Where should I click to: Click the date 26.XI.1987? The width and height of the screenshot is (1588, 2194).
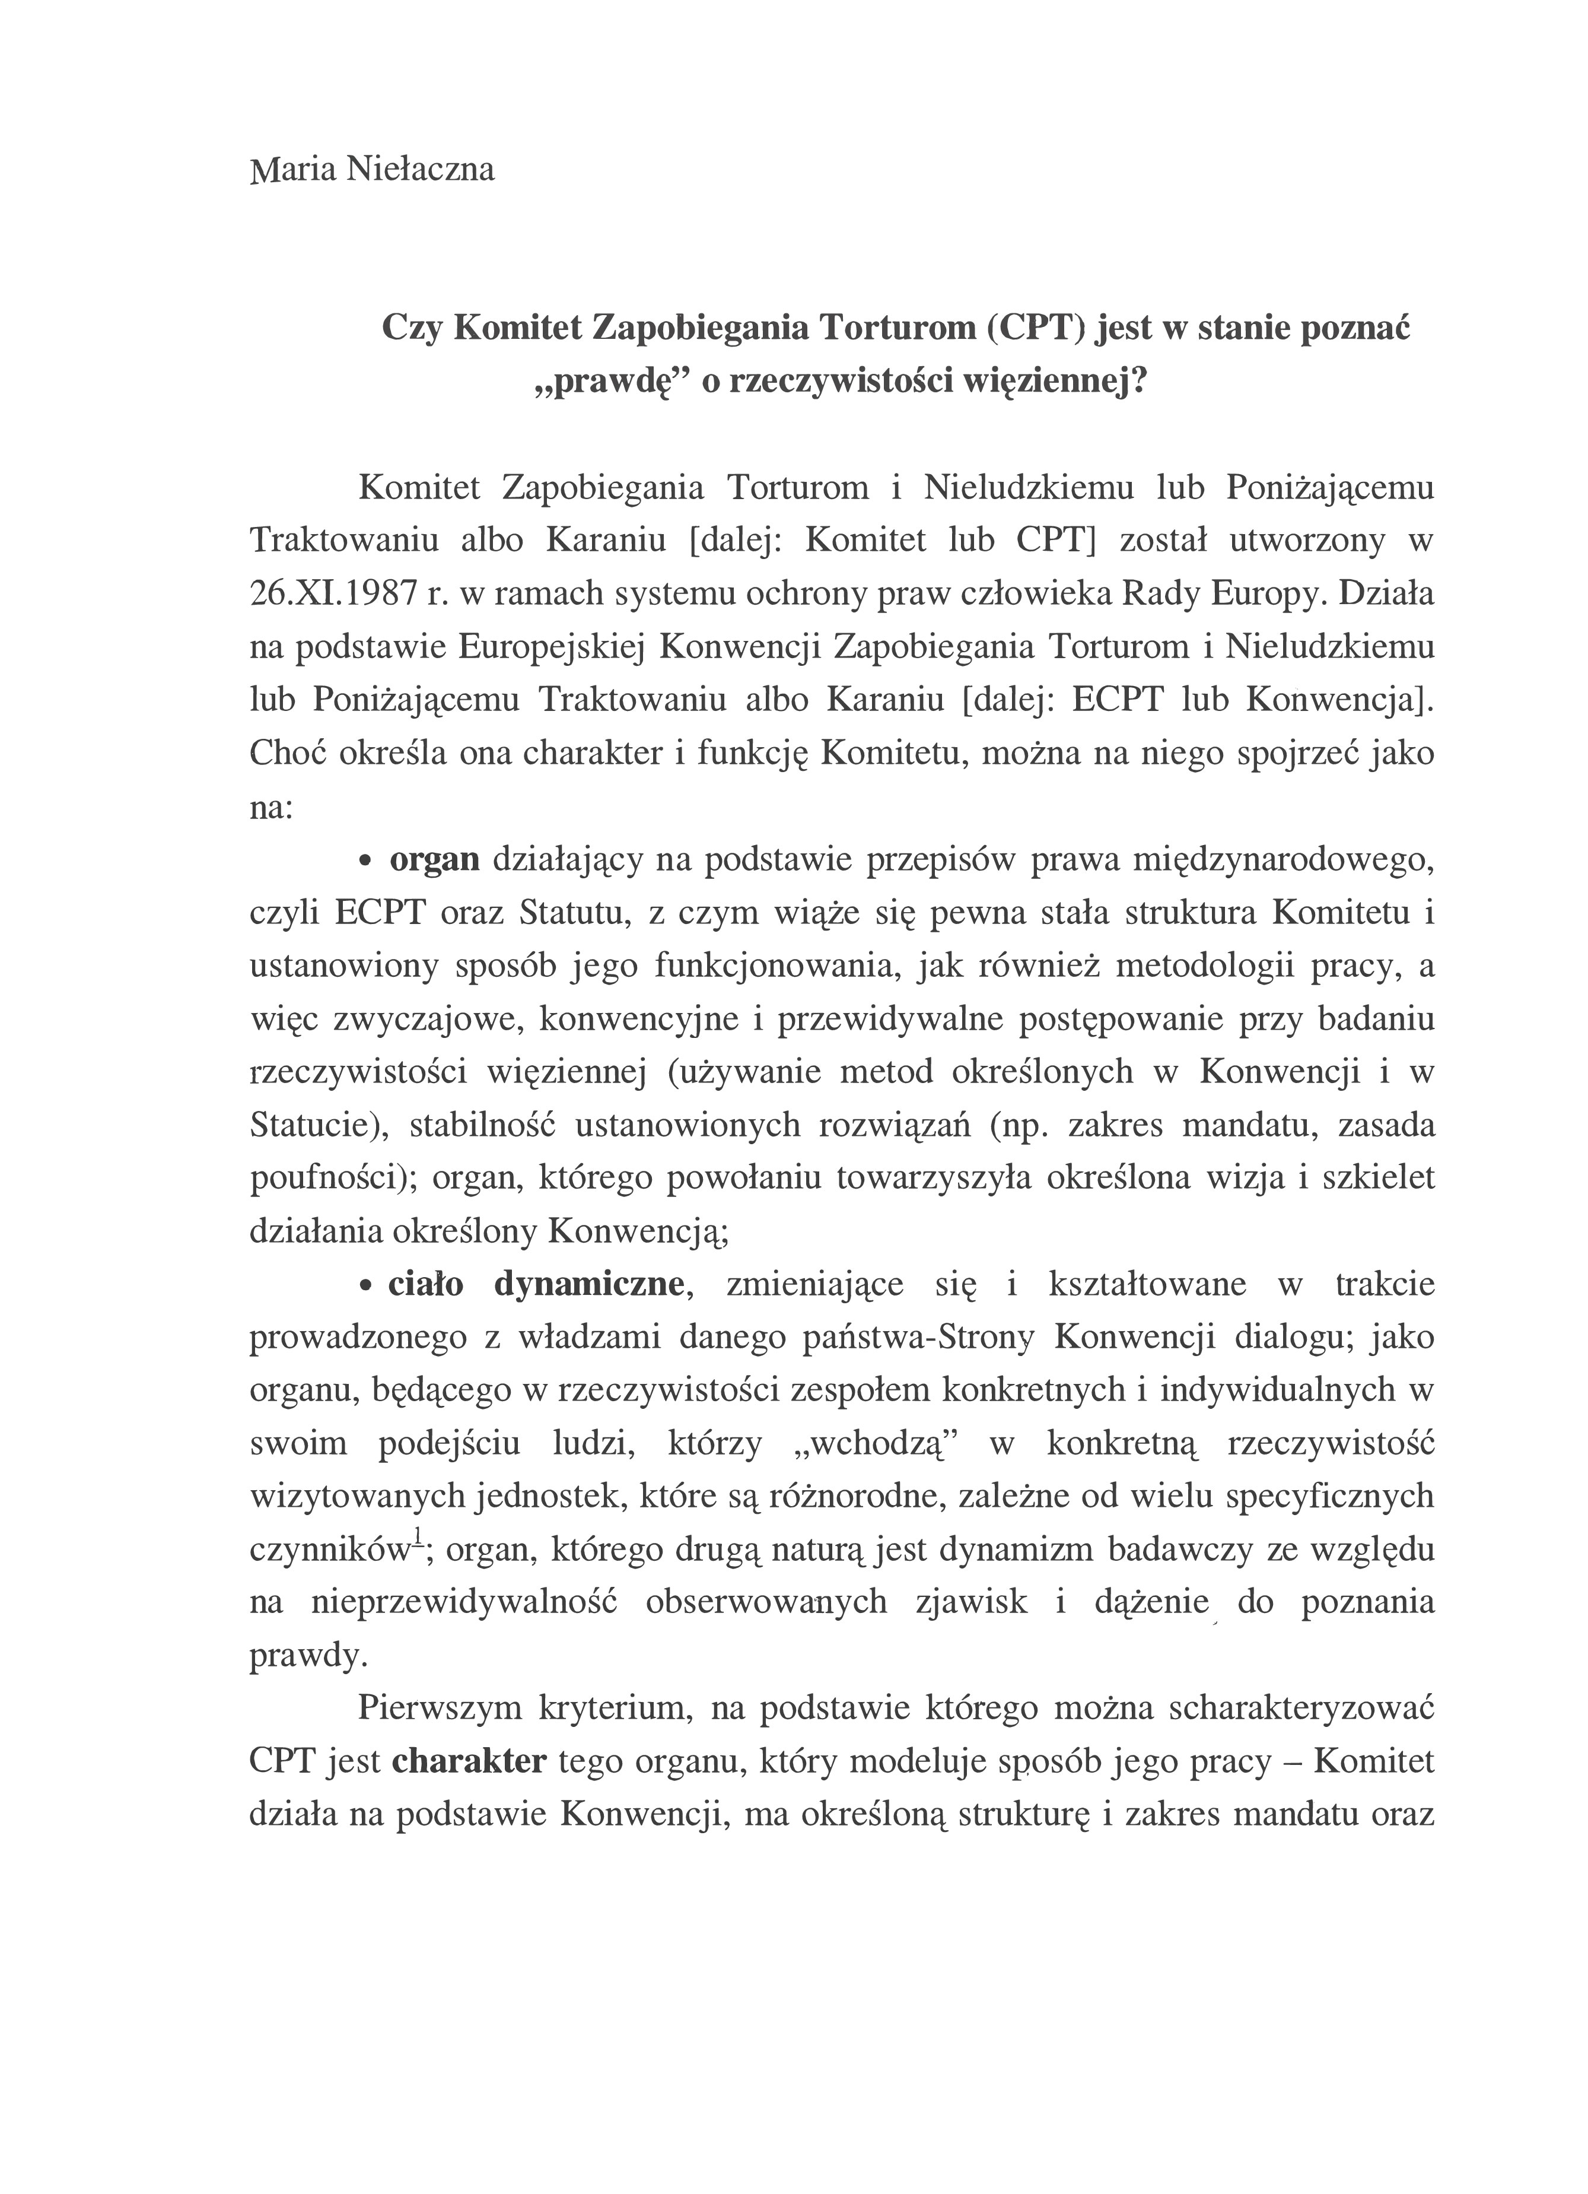point(333,594)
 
